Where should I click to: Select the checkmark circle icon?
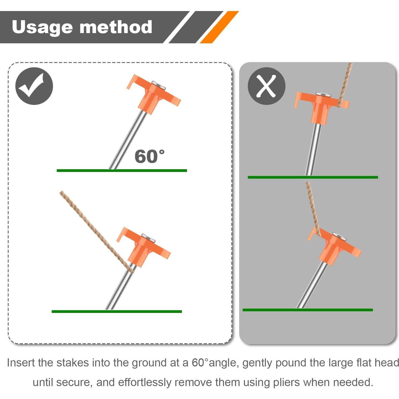click(34, 86)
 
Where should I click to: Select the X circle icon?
click(266, 86)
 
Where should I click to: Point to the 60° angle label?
click(149, 157)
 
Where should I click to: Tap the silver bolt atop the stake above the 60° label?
click(158, 85)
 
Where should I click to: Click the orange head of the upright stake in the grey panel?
click(320, 106)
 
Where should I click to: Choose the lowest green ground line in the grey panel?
click(308, 310)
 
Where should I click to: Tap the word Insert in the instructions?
click(21, 363)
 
